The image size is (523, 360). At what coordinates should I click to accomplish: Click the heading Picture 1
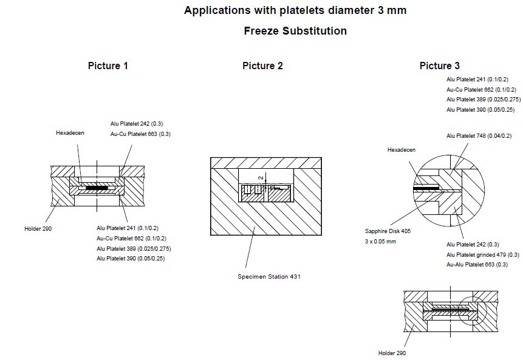click(x=108, y=66)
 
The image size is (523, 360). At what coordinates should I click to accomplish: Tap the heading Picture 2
click(x=262, y=66)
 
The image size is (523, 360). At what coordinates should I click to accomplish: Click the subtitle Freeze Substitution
click(x=295, y=31)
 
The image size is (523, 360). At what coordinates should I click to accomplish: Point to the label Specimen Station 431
click(x=269, y=277)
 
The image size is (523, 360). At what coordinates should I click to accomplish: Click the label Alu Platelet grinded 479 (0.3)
click(x=483, y=254)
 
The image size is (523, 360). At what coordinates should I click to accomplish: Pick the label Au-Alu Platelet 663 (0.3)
click(x=477, y=265)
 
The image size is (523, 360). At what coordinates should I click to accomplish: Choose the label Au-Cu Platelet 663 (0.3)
click(x=141, y=134)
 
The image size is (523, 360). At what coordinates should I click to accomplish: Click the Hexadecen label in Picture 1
click(x=70, y=132)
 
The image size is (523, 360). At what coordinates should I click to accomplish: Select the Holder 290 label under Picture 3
click(x=392, y=353)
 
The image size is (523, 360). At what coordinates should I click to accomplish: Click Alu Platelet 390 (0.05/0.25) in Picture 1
click(x=131, y=259)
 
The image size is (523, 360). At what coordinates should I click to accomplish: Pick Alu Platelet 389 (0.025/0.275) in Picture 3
click(x=484, y=100)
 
